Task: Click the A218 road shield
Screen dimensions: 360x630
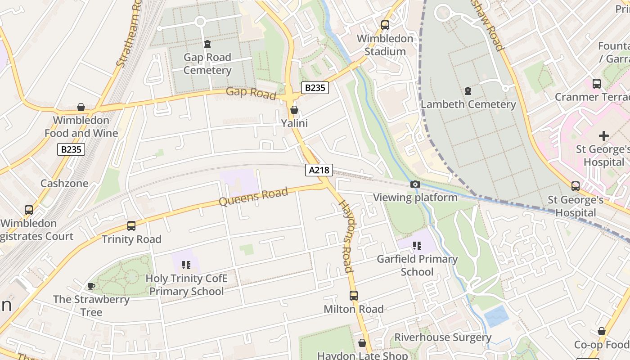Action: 319,170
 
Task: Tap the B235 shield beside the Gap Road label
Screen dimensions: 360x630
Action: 315,88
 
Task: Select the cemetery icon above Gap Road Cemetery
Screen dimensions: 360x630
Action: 207,44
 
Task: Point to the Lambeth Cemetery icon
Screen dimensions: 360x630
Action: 468,91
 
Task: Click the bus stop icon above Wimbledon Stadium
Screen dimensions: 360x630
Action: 385,25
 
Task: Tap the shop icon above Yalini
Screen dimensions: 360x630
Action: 294,110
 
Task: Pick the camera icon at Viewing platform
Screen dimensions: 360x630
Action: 415,184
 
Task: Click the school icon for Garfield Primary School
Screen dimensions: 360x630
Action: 417,246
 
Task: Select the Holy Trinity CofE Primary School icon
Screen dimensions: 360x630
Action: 186,265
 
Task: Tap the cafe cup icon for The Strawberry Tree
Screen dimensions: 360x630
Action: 91,286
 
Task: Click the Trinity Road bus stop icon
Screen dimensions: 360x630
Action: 131,226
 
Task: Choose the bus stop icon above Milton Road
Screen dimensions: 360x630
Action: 354,296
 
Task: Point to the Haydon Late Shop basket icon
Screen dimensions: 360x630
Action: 362,343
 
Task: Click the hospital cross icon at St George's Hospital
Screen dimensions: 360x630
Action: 604,135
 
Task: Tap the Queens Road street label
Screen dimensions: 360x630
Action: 253,197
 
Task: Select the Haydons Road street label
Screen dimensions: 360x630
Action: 346,236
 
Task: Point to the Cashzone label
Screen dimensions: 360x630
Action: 64,184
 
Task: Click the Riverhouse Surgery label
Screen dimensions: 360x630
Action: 443,337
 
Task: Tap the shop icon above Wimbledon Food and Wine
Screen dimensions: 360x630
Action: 81,107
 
